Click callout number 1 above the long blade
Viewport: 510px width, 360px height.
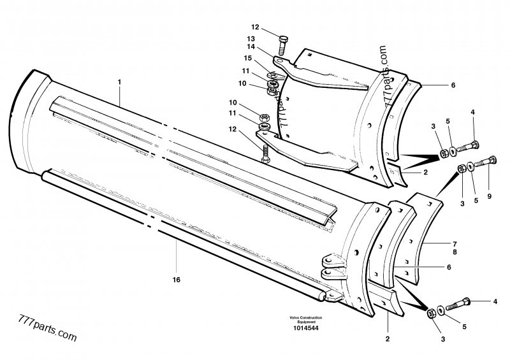119,83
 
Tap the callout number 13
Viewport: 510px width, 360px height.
252,39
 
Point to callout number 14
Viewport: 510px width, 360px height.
252,47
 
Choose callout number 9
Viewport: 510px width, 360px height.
490,196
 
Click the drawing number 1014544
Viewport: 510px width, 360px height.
307,328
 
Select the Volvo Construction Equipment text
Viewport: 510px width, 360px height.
307,320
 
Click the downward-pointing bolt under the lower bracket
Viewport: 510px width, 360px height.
265,152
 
